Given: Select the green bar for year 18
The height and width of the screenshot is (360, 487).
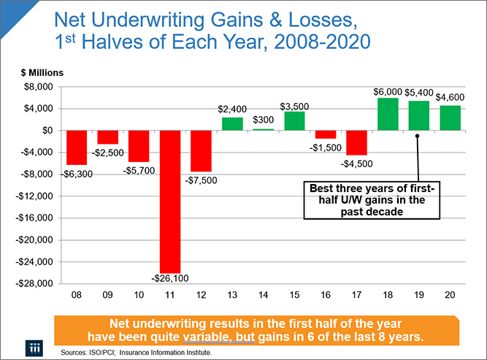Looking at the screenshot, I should pos(387,114).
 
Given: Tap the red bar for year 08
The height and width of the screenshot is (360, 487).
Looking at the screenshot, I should pos(77,148).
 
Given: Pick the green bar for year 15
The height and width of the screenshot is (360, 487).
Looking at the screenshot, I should pos(294,120).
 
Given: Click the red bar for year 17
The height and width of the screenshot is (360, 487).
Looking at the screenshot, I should pos(356,142).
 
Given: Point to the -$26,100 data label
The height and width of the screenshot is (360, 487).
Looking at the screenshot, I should pos(171,279).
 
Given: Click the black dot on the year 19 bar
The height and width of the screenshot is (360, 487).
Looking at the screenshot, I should pos(418,136).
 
